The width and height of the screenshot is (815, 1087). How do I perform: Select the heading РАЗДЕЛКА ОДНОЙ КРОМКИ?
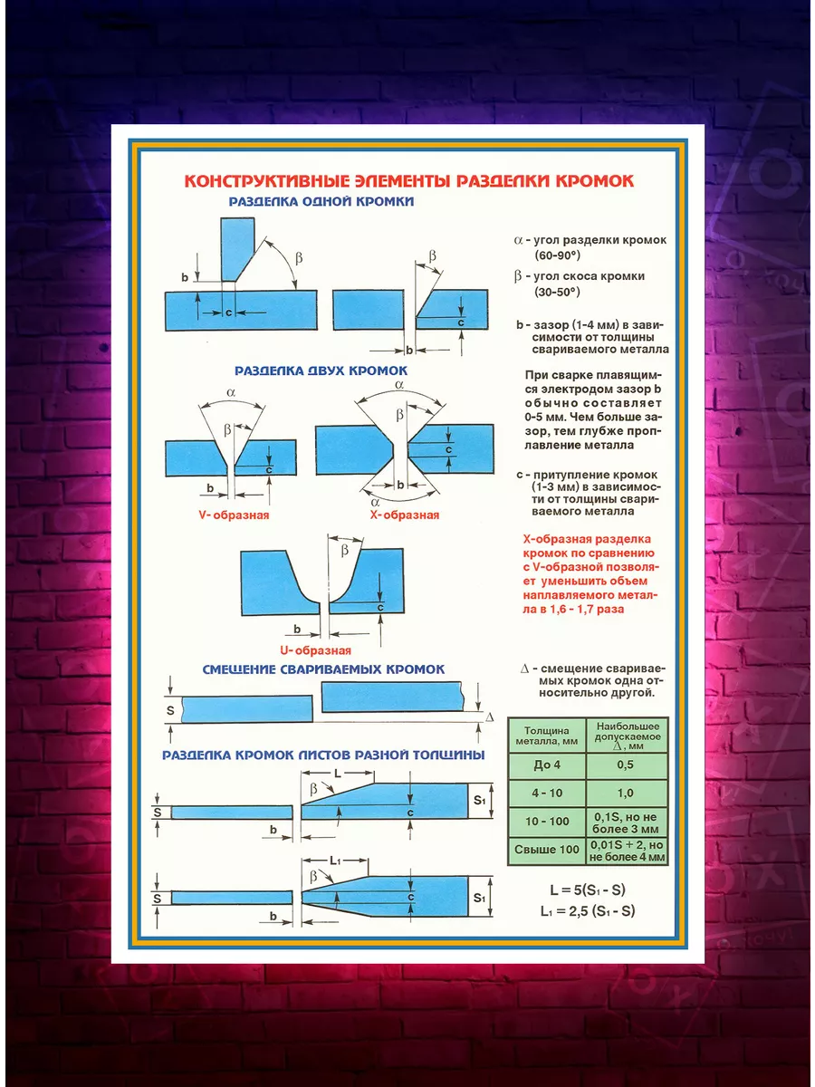pos(321,202)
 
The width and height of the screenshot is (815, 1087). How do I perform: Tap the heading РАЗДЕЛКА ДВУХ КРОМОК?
pos(321,370)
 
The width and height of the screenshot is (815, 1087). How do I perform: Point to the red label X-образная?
pos(405,515)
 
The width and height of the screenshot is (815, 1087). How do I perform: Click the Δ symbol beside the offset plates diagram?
pos(490,717)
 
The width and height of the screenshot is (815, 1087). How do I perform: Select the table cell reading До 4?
pos(547,765)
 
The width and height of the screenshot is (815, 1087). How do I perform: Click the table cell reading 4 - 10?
pos(547,794)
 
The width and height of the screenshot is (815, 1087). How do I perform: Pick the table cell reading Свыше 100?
pos(547,850)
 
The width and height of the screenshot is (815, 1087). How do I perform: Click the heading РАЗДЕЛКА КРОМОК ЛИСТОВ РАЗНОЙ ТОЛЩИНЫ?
pos(323,754)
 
